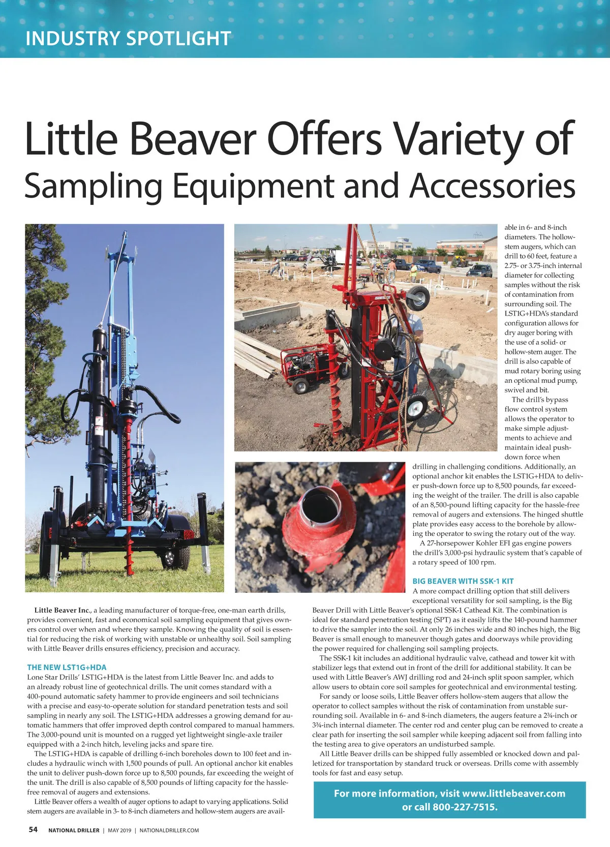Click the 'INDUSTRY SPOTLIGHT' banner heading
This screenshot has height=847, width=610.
[x=128, y=39]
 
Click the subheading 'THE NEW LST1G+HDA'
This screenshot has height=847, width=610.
[x=67, y=667]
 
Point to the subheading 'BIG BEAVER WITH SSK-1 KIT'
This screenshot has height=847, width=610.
[x=463, y=581]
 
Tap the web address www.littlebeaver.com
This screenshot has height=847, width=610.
[x=513, y=793]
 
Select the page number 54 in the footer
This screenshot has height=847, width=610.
[x=33, y=830]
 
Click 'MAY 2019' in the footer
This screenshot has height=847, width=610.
[x=119, y=830]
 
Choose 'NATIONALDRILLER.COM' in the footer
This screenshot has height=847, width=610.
[x=169, y=830]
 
